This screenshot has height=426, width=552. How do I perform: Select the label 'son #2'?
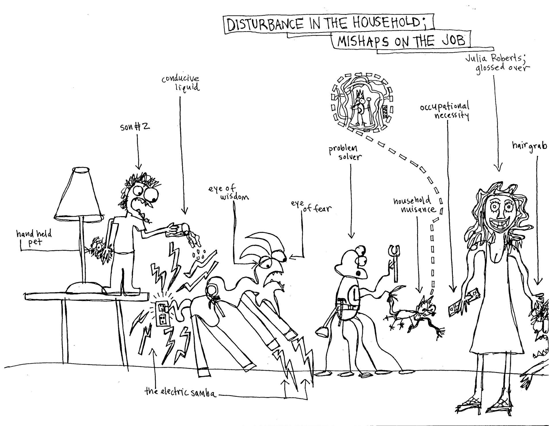135,127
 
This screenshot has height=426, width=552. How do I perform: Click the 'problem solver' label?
344,152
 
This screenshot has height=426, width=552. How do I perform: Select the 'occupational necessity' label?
444,111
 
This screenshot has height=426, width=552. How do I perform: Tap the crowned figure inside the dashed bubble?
359,108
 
